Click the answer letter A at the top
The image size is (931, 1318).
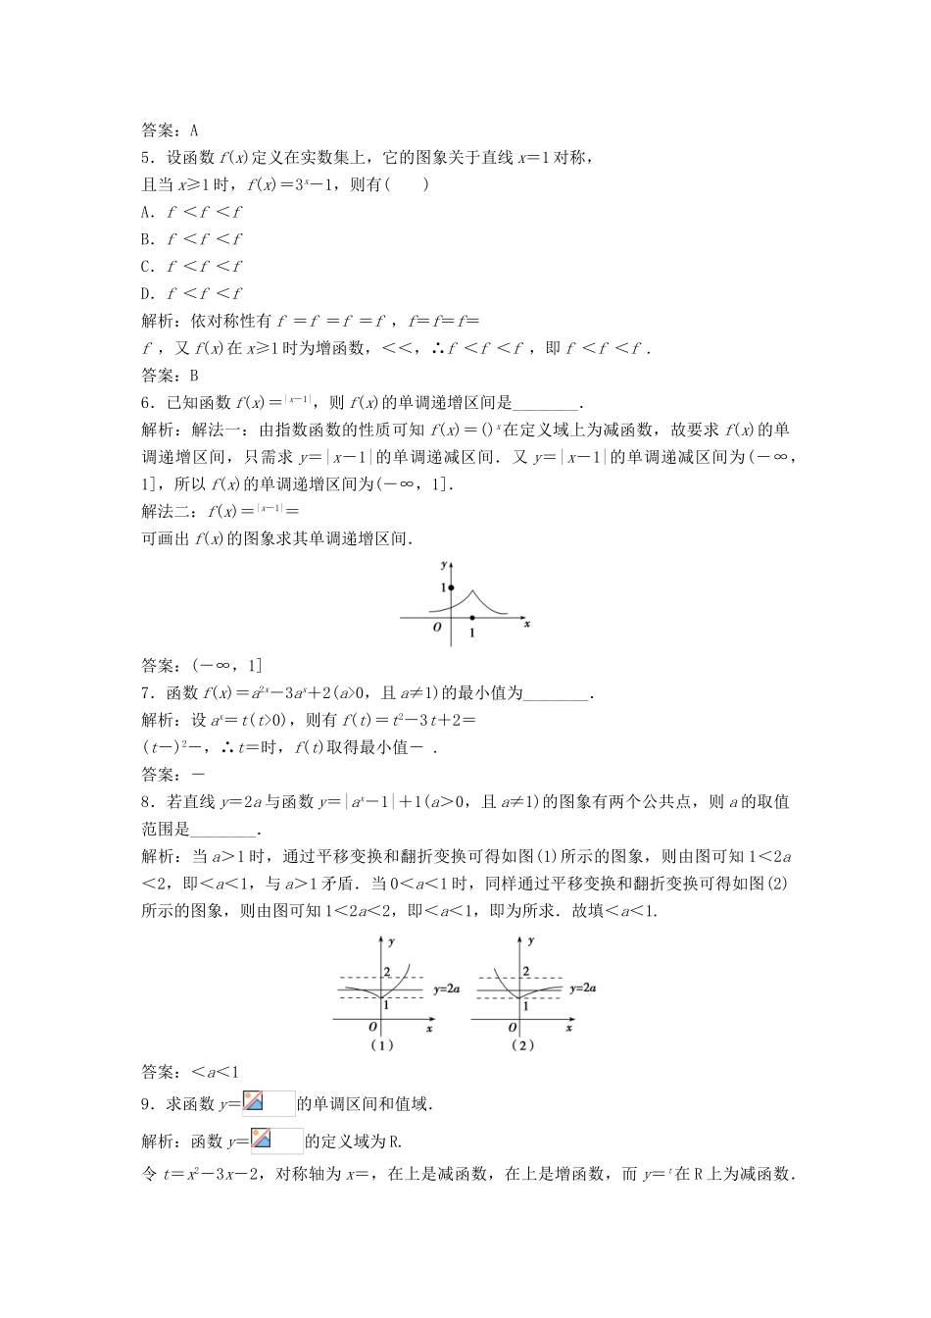point(194,129)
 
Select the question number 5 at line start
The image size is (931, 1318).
point(146,157)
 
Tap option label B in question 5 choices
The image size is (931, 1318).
point(146,239)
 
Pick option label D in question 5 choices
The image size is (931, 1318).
point(146,293)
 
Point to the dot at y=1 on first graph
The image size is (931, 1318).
point(451,586)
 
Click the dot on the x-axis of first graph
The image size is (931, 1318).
point(472,618)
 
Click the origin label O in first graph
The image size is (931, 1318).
point(437,627)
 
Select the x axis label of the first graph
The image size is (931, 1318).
point(526,624)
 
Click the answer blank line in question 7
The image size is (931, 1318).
point(557,693)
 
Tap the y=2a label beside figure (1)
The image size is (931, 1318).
point(447,989)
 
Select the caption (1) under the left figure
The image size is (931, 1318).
point(381,1045)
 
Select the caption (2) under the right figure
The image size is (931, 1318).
point(521,1045)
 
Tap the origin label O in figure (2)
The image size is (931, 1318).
point(512,1027)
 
